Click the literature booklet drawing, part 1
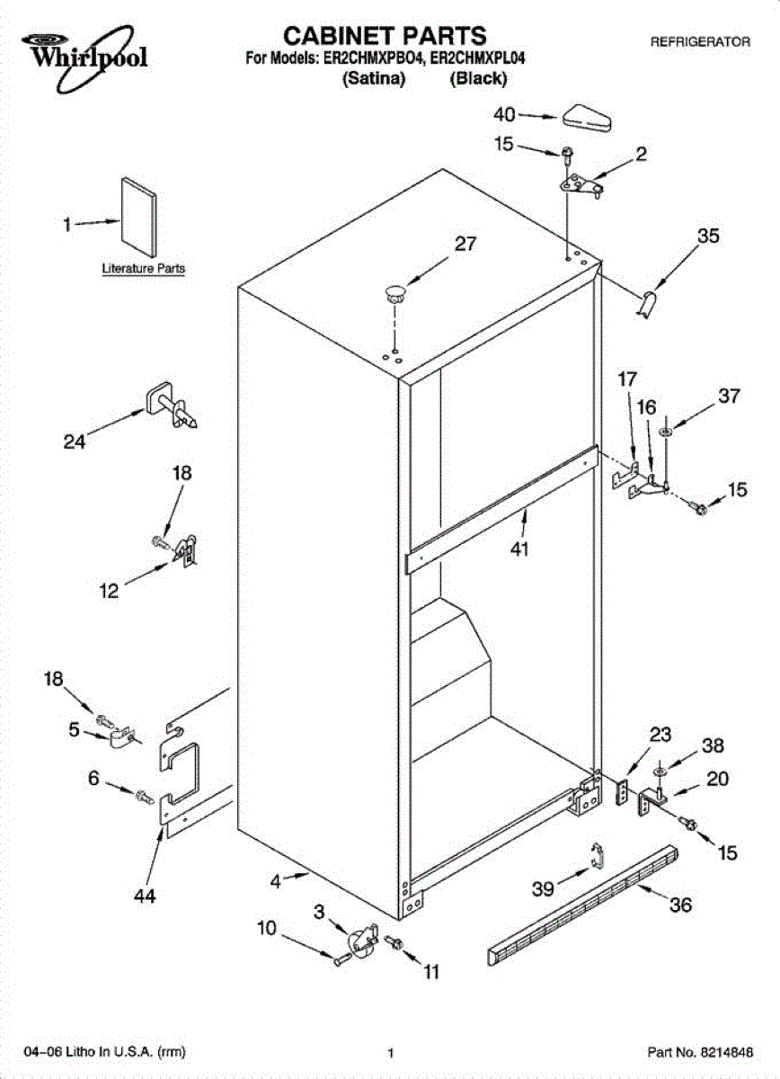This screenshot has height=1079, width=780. click(x=137, y=216)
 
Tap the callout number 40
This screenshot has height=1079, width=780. click(x=506, y=114)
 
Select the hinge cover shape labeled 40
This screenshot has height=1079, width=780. click(x=588, y=115)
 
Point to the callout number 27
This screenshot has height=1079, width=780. click(x=465, y=243)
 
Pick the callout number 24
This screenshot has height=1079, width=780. click(x=75, y=441)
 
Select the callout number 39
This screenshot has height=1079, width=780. click(x=543, y=888)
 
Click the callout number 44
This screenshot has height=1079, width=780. click(x=145, y=896)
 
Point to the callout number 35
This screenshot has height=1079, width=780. click(x=708, y=236)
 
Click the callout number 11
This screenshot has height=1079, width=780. click(x=432, y=971)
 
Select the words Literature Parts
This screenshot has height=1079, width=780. click(x=144, y=268)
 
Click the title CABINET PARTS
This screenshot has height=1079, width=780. click(x=386, y=36)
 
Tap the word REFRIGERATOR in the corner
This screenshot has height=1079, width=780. click(x=700, y=41)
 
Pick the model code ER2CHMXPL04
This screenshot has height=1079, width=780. click(x=477, y=58)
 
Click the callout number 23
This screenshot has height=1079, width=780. click(x=660, y=734)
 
